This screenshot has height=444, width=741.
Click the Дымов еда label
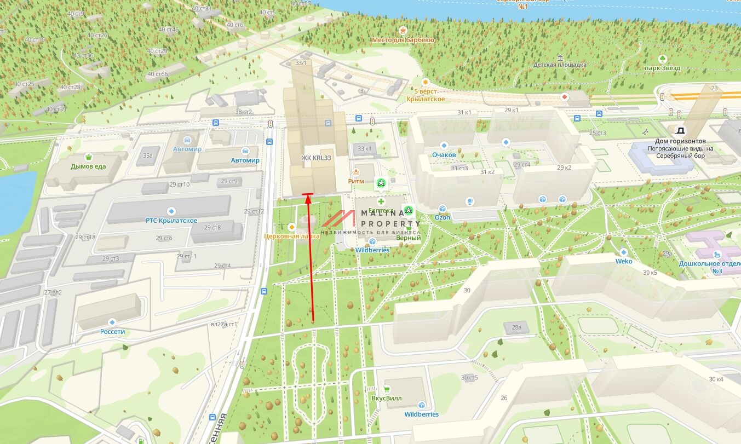click(88, 166)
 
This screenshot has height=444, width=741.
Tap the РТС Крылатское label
click(171, 221)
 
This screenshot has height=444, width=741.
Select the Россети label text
click(113, 332)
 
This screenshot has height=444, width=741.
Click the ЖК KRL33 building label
click(317, 158)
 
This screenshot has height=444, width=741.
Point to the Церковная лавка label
click(292, 237)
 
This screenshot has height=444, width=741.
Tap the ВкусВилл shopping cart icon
click(387, 389)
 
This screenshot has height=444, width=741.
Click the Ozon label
click(443, 217)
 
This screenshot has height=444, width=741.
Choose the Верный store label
click(409, 238)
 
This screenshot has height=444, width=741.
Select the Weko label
click(624, 261)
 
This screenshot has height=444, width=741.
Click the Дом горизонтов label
click(680, 141)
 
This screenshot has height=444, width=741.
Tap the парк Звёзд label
click(663, 68)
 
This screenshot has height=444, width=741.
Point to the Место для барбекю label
click(403, 40)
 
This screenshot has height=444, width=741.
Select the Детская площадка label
click(560, 65)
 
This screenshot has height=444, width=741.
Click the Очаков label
click(444, 155)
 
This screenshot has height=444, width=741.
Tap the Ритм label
click(356, 181)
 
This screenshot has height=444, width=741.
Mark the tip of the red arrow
click(308, 195)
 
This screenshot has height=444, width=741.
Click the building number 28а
click(516, 327)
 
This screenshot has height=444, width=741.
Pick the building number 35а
click(148, 155)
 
